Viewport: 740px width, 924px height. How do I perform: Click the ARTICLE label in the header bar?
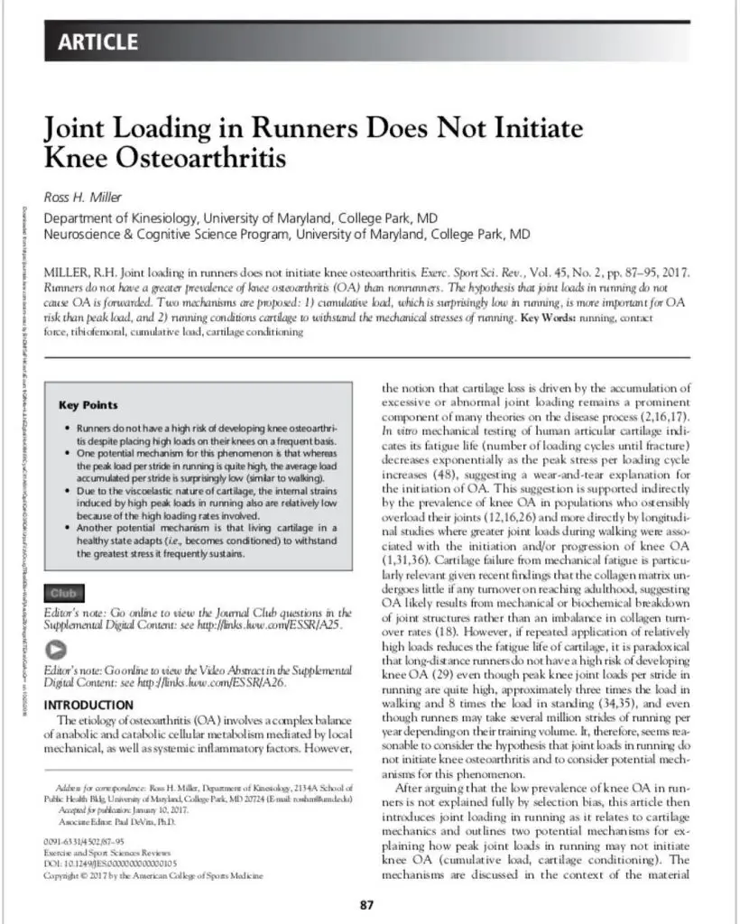coord(98,42)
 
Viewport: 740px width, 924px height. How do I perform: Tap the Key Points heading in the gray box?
coord(88,405)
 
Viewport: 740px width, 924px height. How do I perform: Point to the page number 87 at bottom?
coord(367,905)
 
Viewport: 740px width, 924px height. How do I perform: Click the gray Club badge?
coord(63,593)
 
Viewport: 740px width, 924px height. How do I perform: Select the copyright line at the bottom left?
coord(153,875)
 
